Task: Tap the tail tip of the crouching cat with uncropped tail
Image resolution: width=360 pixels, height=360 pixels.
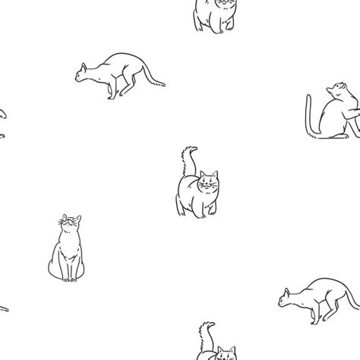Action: (165, 83)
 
